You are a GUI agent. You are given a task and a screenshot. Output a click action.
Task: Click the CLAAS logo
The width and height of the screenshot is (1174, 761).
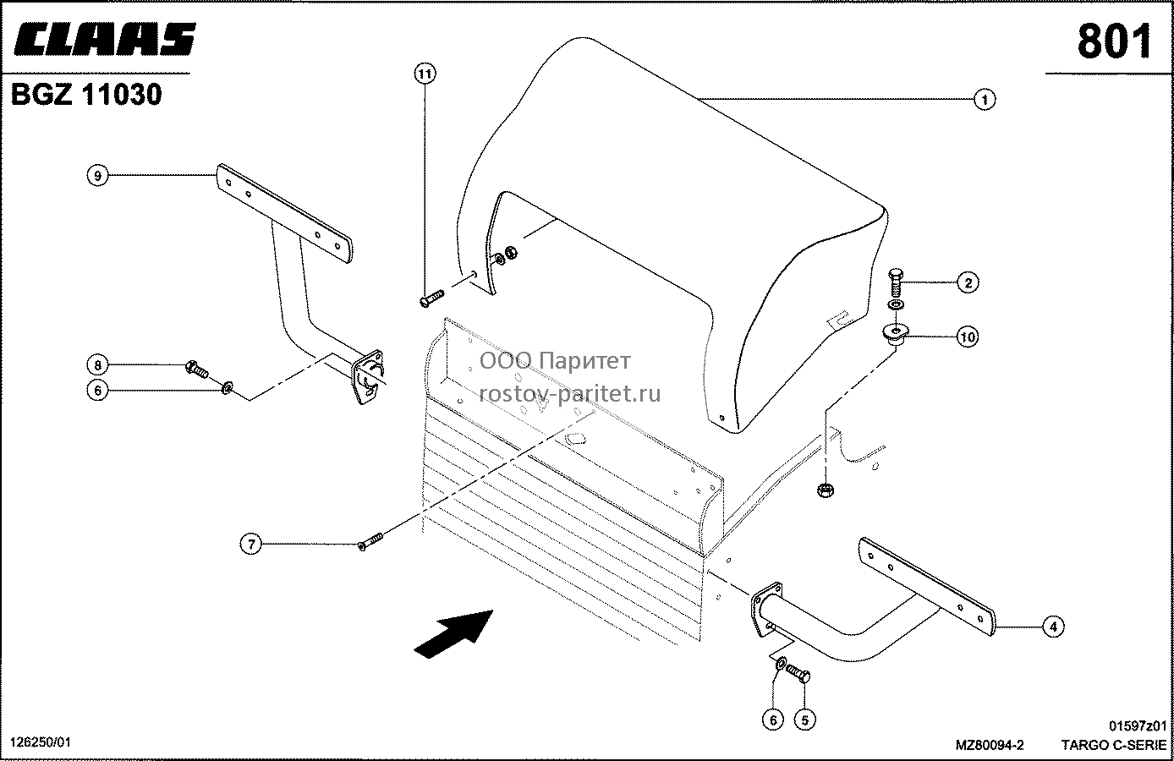click(x=104, y=39)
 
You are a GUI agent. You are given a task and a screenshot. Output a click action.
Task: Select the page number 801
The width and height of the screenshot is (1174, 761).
click(x=1114, y=41)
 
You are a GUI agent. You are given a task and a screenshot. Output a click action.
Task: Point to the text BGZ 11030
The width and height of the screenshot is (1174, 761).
click(x=86, y=95)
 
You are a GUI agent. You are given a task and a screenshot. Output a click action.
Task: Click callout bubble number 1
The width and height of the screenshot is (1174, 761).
click(x=985, y=99)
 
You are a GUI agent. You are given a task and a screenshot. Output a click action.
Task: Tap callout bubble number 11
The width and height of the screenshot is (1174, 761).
click(x=425, y=74)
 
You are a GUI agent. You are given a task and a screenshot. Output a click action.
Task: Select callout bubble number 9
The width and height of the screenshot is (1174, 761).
click(x=97, y=175)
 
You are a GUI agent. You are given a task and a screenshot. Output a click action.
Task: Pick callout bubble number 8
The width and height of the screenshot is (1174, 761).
click(x=97, y=364)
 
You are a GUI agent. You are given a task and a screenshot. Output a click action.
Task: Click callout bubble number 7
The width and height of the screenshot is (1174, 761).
click(x=251, y=545)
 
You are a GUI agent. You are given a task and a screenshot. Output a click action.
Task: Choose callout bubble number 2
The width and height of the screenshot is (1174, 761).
click(x=968, y=283)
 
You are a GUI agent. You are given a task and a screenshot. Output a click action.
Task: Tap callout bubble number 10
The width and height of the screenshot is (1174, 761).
click(x=968, y=337)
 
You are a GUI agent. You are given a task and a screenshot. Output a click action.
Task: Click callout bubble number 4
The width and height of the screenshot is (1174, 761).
click(x=1053, y=627)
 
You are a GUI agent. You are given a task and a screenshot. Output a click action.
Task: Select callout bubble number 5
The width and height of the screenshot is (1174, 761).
click(x=804, y=720)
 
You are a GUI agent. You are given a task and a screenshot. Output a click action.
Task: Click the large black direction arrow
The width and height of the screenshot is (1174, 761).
click(x=454, y=633)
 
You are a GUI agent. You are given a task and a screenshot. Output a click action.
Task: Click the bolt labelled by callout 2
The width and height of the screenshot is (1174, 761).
click(x=895, y=282)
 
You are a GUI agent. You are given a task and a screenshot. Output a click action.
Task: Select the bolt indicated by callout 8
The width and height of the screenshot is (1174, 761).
click(x=197, y=370)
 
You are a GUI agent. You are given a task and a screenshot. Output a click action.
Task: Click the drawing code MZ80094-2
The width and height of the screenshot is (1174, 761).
click(x=990, y=745)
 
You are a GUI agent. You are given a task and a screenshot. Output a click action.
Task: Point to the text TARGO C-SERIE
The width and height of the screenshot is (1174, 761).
click(x=1114, y=745)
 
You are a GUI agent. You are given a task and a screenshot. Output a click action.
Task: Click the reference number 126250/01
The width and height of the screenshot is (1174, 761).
click(x=41, y=742)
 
